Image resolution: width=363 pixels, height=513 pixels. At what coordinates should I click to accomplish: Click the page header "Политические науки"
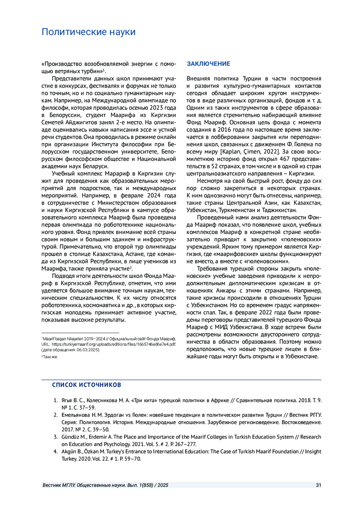click(88, 32)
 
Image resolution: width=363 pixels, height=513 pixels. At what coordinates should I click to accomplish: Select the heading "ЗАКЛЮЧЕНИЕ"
click(208, 64)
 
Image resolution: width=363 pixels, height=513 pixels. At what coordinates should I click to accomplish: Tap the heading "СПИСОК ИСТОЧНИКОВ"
click(87, 385)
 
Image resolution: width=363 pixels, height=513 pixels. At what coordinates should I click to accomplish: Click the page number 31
click(318, 485)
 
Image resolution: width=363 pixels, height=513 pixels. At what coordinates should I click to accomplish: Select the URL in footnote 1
click(114, 344)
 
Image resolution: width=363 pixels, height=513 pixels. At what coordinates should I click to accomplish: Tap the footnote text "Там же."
click(50, 357)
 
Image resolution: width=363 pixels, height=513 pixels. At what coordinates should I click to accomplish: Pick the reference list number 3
click(56, 437)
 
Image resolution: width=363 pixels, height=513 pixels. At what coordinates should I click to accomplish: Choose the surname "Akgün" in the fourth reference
click(69, 452)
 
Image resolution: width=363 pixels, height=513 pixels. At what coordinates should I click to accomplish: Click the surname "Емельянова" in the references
click(76, 415)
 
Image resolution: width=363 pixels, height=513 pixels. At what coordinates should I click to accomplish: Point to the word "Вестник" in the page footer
click(52, 485)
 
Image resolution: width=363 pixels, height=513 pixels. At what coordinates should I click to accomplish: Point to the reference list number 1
click(56, 401)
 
